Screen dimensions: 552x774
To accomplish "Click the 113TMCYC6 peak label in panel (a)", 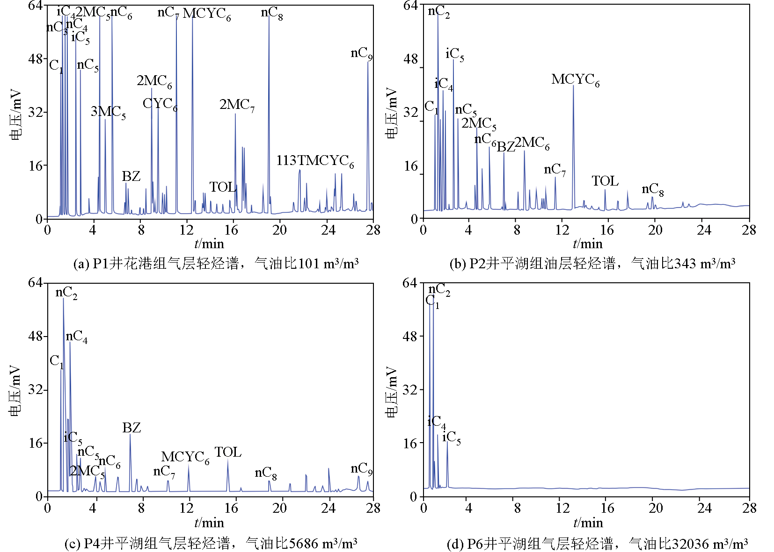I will pos(315,161).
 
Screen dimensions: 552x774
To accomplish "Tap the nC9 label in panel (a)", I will pos(361,53).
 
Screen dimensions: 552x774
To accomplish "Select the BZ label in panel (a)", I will pos(131,176).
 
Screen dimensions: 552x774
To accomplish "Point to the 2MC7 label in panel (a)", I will pos(237,105).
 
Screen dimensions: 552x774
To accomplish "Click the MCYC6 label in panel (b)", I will pos(575,80).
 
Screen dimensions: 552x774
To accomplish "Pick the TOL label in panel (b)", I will pos(605,181).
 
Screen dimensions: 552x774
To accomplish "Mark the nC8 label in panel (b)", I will pos(652,189).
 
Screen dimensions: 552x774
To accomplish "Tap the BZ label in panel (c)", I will pos(131,428).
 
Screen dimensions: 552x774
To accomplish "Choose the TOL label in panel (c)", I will pos(228,452).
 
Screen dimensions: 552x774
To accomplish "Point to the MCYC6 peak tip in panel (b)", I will pos(573,86).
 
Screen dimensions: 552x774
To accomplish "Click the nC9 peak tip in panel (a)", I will pos(368,62).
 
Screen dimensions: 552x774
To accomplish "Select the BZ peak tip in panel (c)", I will pos(130,435).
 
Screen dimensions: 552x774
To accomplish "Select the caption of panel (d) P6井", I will pos(597,544).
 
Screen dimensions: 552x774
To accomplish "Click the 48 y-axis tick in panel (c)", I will pos(35,336).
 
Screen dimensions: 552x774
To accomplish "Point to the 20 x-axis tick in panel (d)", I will pos(655,508).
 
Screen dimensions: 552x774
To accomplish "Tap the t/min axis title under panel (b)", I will pos(587,244).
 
